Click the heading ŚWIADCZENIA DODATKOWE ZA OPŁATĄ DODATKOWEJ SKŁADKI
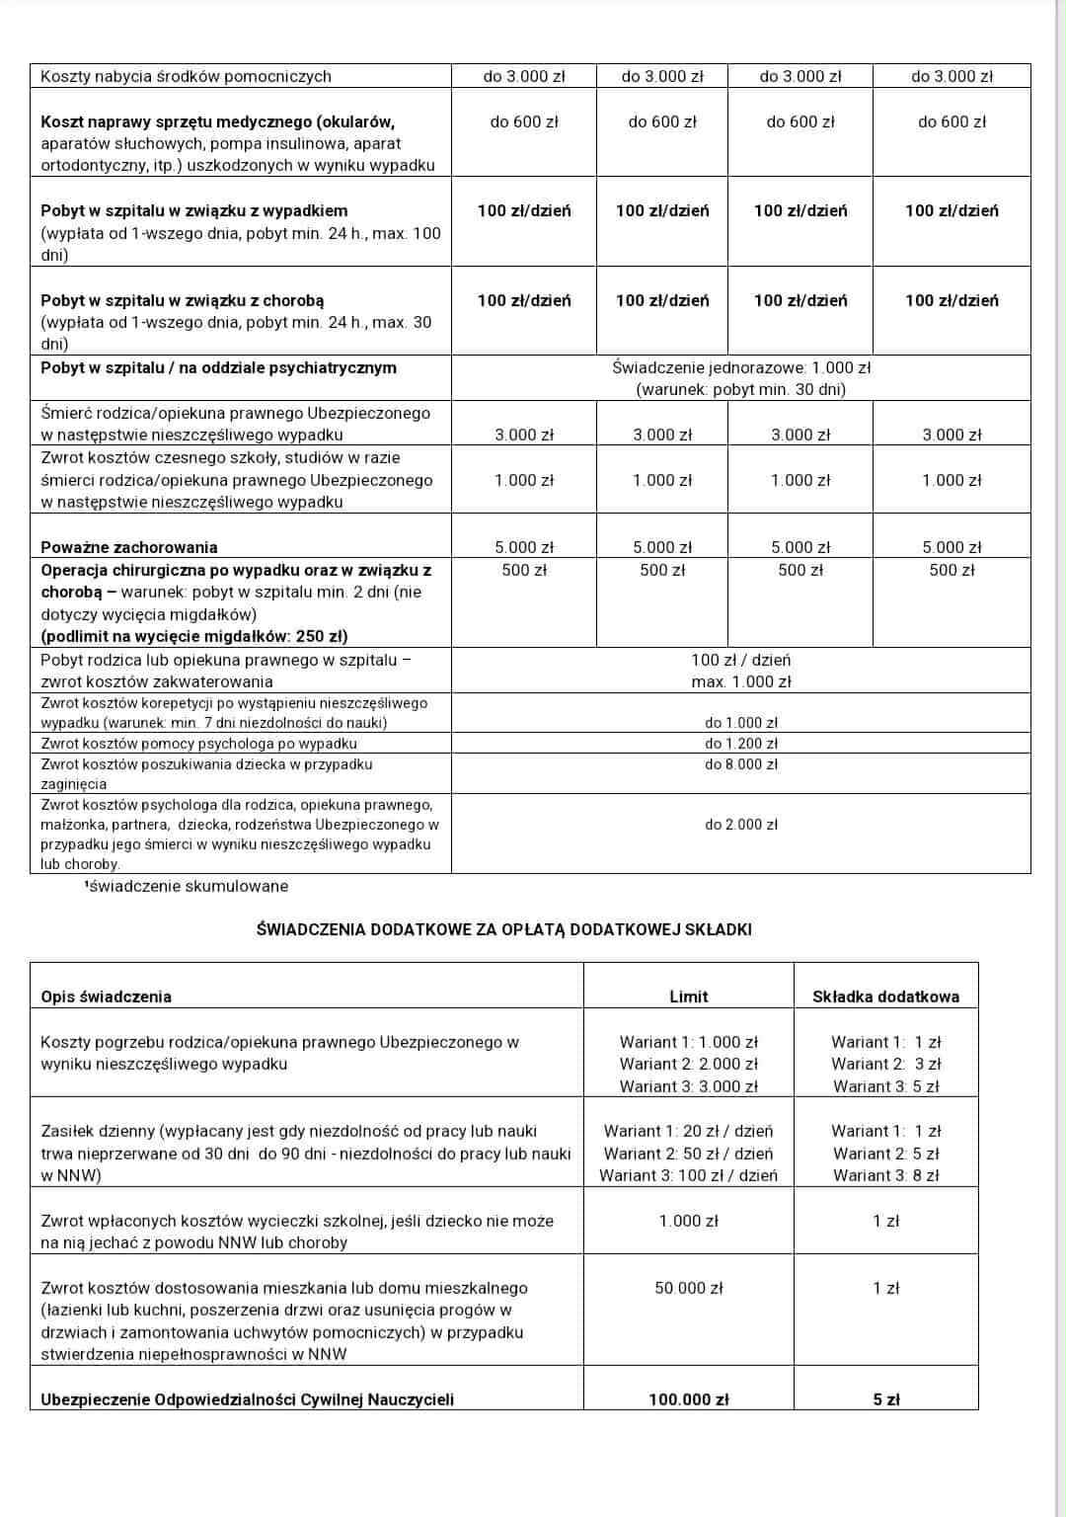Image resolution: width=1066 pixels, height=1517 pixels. [503, 929]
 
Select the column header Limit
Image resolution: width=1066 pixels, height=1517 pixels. [688, 997]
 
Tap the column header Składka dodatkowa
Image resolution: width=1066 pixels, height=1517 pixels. [885, 997]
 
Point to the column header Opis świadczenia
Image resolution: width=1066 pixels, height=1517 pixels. [106, 997]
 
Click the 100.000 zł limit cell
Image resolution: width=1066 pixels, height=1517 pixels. [688, 1398]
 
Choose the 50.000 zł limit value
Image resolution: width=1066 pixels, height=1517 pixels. [688, 1288]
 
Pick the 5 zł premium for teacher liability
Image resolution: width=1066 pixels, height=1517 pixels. [885, 1398]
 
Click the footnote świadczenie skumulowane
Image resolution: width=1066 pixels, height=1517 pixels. [188, 886]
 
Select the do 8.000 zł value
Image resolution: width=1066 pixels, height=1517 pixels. [740, 763]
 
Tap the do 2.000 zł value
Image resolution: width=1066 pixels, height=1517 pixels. [740, 824]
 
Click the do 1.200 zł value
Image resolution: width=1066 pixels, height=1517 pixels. [740, 743]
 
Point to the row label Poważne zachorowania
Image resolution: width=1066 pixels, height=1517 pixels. [128, 547]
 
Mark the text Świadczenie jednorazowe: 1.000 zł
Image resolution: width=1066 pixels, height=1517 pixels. [740, 367]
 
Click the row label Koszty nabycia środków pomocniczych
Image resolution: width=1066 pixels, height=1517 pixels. [186, 76]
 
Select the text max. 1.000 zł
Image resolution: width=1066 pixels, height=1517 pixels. [740, 681]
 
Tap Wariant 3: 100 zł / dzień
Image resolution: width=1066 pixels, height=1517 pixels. [688, 1175]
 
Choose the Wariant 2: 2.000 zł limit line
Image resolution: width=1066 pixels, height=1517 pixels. [688, 1064]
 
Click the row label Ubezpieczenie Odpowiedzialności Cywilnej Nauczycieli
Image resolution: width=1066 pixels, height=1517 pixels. [247, 1398]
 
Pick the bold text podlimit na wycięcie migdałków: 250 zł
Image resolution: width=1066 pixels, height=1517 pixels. [194, 636]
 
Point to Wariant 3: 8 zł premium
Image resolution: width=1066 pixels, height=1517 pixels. [885, 1175]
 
